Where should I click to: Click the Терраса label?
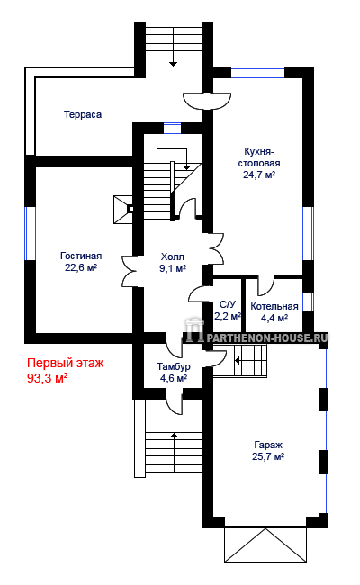(83, 114)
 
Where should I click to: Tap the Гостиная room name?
(81, 256)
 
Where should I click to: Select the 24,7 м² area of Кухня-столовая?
(259, 175)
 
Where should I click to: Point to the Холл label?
(173, 256)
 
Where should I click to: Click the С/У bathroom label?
(228, 304)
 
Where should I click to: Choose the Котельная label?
(274, 306)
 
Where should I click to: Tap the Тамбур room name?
(174, 366)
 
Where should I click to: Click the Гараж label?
(268, 445)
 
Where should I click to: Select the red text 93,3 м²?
(48, 378)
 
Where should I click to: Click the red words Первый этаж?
(66, 363)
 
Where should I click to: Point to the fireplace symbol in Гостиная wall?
(123, 210)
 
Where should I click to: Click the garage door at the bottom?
(265, 544)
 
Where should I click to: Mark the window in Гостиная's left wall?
(30, 234)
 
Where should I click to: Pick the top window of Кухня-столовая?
(257, 72)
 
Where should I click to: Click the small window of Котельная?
(308, 301)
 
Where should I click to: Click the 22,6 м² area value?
(81, 267)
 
